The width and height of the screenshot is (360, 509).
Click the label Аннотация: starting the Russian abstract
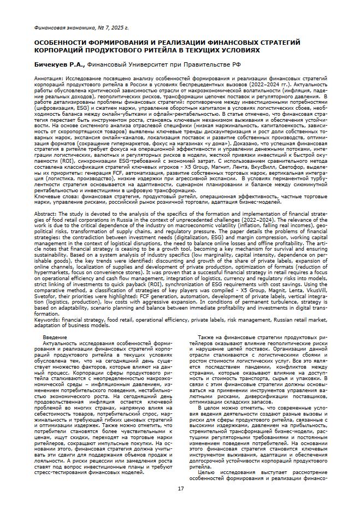pos(48,80)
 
